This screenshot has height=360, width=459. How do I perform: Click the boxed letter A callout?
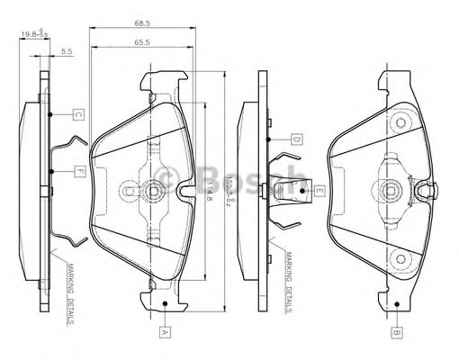pyautogui.click(x=164, y=330)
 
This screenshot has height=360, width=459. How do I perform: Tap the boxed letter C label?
pyautogui.click(x=78, y=114)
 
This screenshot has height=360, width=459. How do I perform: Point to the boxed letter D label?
pyautogui.click(x=294, y=139)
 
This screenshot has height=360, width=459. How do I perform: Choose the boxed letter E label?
pyautogui.click(x=318, y=190)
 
